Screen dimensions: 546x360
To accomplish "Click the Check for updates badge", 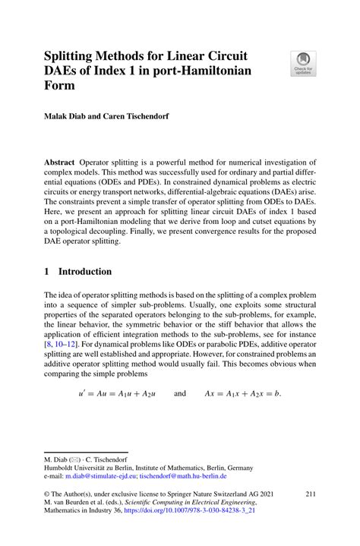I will click(x=304, y=63).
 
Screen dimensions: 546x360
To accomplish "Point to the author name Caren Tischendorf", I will click(x=136, y=119).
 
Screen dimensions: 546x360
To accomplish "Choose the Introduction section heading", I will click(x=85, y=272).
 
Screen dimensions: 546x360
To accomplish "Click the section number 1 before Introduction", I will click(x=47, y=272).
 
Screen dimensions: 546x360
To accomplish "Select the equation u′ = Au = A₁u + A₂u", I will click(x=112, y=395).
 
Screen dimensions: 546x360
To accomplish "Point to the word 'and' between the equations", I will click(x=180, y=395).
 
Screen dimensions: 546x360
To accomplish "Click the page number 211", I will click(x=310, y=494).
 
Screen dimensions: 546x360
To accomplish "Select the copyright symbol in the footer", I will click(x=47, y=494).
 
